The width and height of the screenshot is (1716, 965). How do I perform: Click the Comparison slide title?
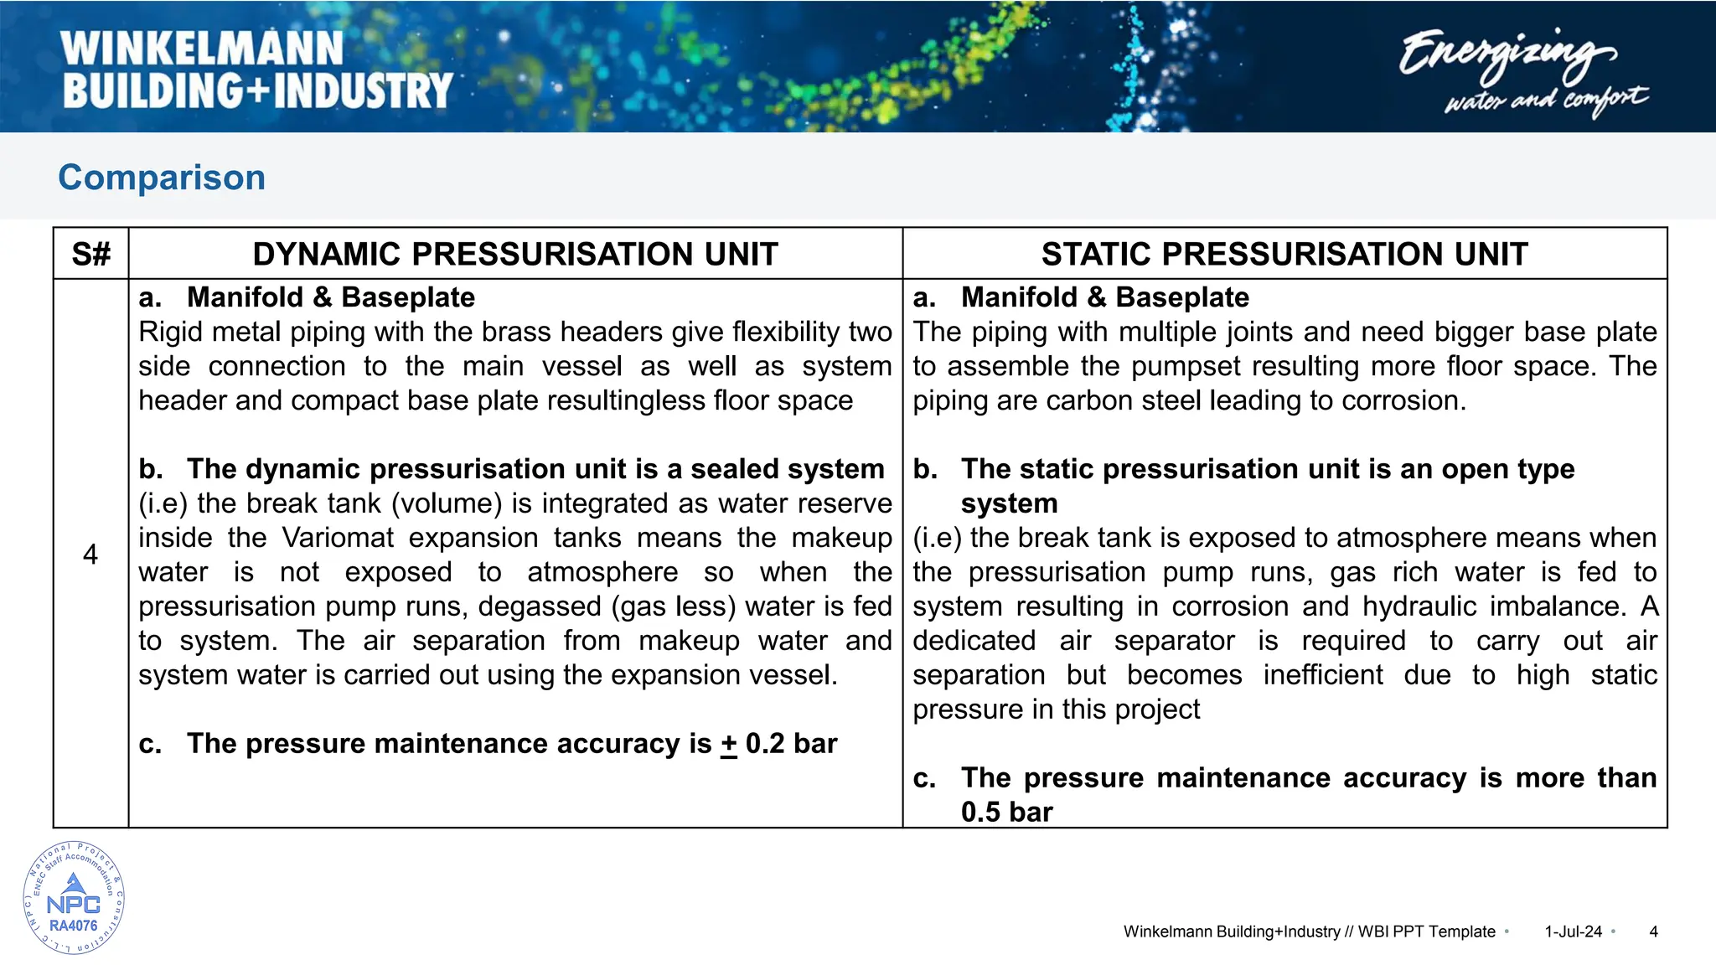click(162, 178)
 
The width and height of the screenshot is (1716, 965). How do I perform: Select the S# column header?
click(90, 254)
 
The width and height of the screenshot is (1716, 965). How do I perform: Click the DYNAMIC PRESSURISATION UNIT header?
click(515, 254)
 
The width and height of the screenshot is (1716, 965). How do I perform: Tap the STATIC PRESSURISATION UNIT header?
click(1284, 254)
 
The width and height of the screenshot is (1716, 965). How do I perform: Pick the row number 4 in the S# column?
click(90, 554)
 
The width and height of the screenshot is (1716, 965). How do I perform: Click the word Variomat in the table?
click(337, 538)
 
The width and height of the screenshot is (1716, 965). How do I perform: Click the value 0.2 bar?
click(791, 744)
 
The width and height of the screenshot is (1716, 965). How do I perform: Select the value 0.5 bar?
click(1006, 813)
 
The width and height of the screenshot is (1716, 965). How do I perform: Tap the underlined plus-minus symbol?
click(729, 744)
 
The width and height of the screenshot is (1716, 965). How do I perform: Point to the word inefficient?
click(1323, 675)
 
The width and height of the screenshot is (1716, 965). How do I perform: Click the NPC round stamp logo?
click(74, 898)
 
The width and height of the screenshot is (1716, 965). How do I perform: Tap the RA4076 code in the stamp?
click(74, 926)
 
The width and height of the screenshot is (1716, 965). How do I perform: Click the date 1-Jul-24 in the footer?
click(1573, 931)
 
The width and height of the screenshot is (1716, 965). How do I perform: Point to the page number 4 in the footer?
click(1653, 931)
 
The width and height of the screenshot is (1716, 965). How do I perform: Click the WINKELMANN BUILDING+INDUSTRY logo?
click(257, 70)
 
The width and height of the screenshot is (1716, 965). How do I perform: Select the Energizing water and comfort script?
click(1522, 70)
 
